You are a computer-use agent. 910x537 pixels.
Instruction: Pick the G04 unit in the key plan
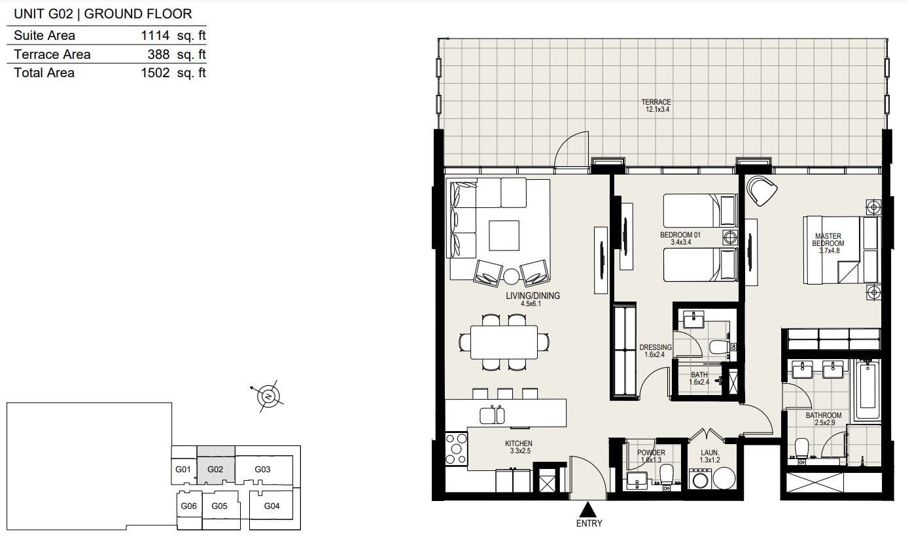271,505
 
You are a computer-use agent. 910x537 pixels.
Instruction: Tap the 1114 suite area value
155,36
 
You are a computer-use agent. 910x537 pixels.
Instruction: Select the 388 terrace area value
158,54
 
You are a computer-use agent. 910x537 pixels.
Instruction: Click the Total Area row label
44,73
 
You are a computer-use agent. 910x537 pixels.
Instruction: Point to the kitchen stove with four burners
456,449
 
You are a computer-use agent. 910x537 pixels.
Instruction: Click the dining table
504,342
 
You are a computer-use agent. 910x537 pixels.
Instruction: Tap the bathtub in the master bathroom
867,390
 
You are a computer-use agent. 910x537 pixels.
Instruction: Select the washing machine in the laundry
700,479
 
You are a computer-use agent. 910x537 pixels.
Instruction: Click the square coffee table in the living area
504,235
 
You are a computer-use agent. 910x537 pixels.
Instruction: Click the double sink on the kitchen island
492,415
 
